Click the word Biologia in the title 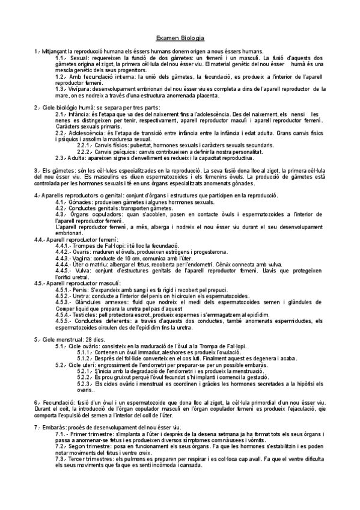click(193, 37)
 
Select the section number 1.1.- click(61, 58)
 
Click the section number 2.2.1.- click(87, 145)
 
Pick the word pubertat click(144, 145)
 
